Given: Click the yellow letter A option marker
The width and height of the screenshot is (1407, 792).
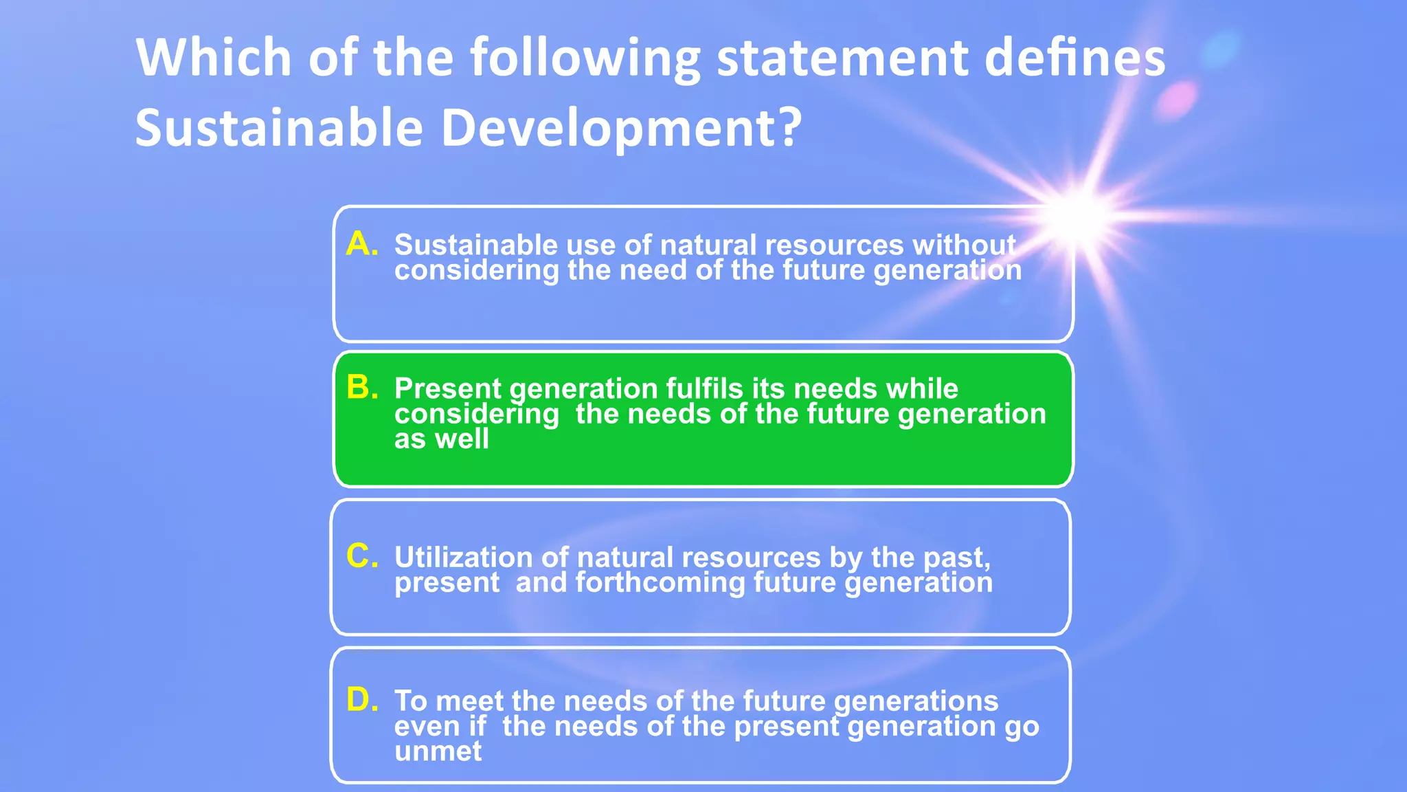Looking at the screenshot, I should tap(361, 243).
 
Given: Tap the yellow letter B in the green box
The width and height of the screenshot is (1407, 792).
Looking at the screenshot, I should tap(361, 387).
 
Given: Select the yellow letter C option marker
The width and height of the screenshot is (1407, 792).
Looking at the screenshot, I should tap(361, 555).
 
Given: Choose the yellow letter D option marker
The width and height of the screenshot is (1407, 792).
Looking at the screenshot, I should tap(361, 699).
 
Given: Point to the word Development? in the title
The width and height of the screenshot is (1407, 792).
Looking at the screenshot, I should tap(621, 129).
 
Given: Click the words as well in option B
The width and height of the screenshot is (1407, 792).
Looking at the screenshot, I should tap(441, 439).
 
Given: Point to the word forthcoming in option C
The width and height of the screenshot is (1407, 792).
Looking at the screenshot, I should tap(660, 582).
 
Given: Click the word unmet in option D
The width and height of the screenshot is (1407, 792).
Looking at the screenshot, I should tap(438, 751).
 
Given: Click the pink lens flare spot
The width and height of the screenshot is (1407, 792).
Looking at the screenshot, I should tap(1177, 100).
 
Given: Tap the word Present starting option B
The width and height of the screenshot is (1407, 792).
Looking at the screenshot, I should tap(447, 388).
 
